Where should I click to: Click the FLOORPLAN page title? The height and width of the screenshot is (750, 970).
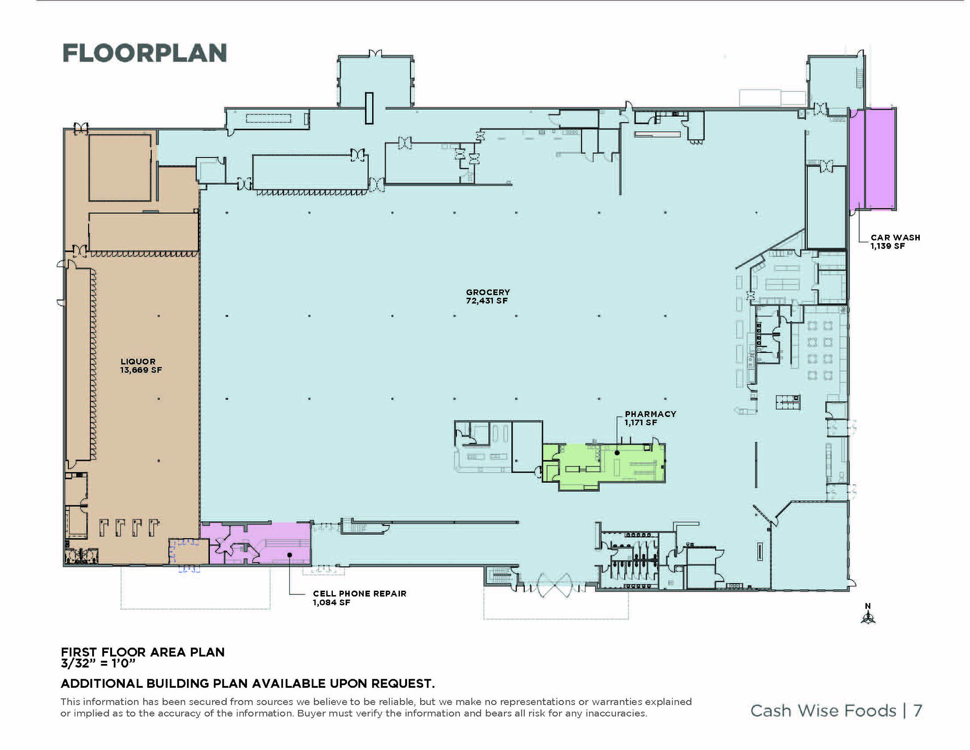[145, 53]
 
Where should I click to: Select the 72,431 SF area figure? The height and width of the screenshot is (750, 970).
[486, 300]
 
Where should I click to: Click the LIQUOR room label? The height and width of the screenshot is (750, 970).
[138, 361]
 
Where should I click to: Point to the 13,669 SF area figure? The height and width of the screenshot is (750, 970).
[141, 370]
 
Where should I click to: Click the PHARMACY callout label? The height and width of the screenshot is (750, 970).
[650, 414]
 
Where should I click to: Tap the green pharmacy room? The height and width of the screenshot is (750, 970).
[622, 466]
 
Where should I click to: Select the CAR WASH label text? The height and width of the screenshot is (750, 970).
[895, 237]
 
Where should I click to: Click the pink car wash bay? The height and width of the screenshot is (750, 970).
[872, 159]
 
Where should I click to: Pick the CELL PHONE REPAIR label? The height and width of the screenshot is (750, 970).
[359, 593]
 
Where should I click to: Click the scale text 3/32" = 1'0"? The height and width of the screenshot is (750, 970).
[98, 663]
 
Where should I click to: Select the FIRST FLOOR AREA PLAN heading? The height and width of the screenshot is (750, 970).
[142, 652]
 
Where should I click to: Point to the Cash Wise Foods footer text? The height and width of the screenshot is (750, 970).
[823, 711]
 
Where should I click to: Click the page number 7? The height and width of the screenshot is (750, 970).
[917, 711]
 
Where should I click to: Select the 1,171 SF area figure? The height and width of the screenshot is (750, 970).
[641, 422]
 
